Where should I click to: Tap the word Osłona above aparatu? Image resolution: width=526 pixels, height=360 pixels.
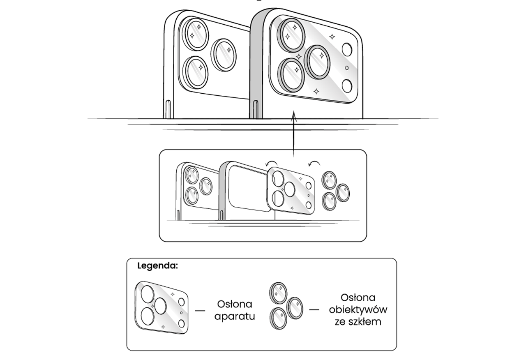[234, 305]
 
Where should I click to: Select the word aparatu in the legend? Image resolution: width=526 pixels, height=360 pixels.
[234, 316]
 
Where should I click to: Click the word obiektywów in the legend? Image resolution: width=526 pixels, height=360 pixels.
[358, 309]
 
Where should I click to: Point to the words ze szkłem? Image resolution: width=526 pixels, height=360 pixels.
[358, 322]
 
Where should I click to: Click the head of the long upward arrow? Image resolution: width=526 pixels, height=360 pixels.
[294, 117]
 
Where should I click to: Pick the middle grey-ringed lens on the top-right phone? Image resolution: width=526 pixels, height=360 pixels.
[318, 62]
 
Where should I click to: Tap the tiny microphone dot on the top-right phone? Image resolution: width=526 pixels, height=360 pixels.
[347, 68]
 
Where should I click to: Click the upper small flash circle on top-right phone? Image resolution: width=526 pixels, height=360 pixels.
[348, 50]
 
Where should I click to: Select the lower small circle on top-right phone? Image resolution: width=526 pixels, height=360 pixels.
[347, 86]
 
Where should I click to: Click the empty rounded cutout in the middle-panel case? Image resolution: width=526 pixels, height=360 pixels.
[249, 187]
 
